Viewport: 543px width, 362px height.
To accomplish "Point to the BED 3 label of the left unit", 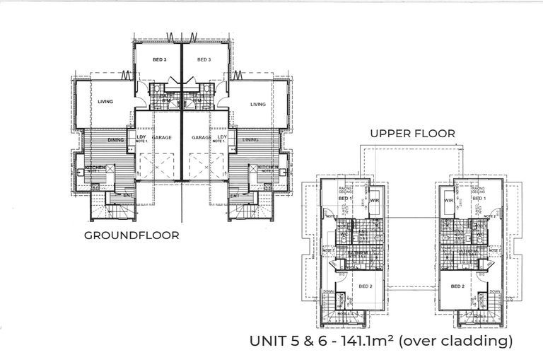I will tap(159, 60).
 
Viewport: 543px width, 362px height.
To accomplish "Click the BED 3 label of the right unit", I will tap(204, 60).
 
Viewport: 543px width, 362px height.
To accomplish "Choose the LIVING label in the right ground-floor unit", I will tap(257, 104).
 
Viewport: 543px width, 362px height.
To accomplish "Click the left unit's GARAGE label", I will tap(160, 138).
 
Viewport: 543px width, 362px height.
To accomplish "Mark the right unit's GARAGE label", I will tap(202, 138).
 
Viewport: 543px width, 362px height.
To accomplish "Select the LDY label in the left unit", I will tap(132, 136).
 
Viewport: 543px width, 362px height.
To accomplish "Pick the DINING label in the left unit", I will tap(116, 140).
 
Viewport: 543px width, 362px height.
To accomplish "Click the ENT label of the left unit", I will tap(128, 194).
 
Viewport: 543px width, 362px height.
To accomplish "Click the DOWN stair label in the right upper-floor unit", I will tap(492, 289).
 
